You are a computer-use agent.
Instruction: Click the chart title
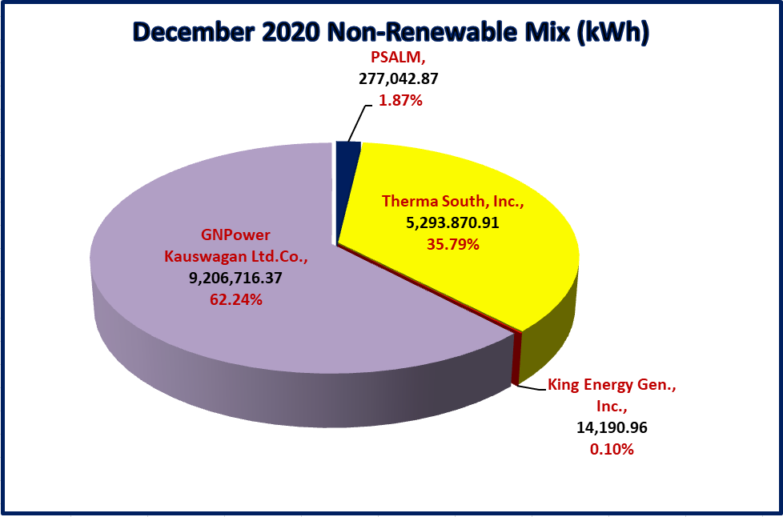coord(391,33)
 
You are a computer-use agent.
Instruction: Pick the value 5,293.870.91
coord(453,222)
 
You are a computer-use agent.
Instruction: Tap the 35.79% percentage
coord(453,244)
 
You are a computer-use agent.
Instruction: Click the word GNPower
coord(235,235)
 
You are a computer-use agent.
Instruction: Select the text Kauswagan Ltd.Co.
coord(235,256)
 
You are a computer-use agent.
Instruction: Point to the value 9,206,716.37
coord(235,278)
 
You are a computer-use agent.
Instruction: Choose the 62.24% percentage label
coord(235,299)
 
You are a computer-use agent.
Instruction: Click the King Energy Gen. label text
coord(612,385)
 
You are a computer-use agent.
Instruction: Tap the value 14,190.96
coord(612,427)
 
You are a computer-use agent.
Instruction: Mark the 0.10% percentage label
coord(612,449)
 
